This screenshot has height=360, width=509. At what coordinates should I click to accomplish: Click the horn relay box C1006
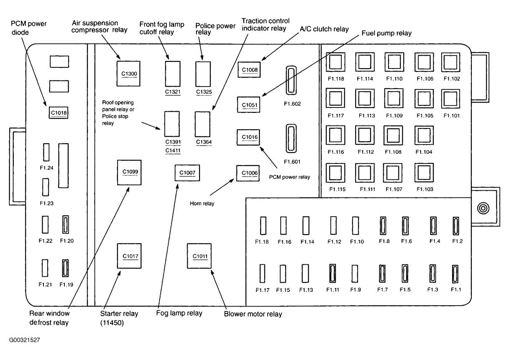coord(248,173)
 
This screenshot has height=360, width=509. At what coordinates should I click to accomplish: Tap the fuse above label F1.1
coord(455,274)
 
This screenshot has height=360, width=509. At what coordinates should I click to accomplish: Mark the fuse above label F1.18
coord(263,226)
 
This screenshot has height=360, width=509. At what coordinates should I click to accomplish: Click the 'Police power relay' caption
coord(215,29)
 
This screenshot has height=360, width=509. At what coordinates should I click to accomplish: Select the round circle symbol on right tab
coord(483,208)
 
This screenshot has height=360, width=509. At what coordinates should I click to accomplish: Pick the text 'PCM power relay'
coord(289,177)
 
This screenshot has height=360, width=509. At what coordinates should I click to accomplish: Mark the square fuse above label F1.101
coord(451,99)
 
